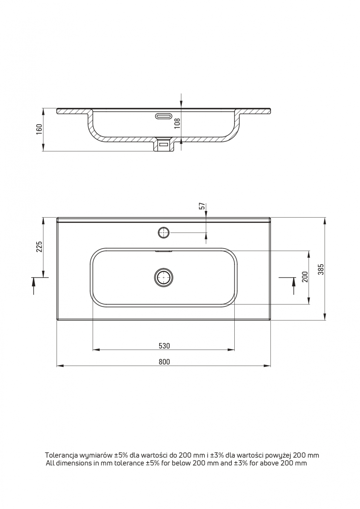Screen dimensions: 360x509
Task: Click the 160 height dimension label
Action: tap(39, 129)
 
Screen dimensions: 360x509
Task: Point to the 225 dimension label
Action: tap(39, 247)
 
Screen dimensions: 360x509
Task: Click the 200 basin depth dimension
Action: tap(305, 277)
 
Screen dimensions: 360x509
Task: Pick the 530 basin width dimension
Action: tap(164, 346)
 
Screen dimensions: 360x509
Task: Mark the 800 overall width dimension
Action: tap(164, 362)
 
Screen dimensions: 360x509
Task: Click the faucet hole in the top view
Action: tap(163, 233)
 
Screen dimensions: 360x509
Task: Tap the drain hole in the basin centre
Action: tap(163, 277)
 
